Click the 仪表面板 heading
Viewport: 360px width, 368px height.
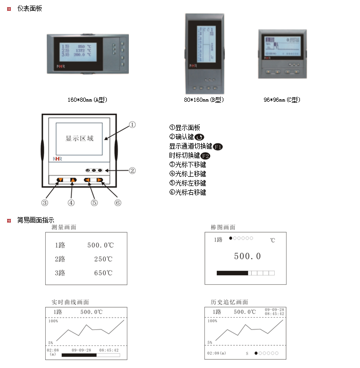(x=30, y=9)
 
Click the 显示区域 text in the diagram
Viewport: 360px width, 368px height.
(x=80, y=138)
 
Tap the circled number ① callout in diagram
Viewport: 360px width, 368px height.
(x=132, y=124)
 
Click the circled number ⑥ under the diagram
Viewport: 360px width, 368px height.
(x=118, y=203)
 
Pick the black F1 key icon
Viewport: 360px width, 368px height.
(x=218, y=146)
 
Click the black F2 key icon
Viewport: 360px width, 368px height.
(x=205, y=156)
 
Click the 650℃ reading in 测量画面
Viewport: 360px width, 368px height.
(x=103, y=273)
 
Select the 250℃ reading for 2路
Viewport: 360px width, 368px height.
(x=103, y=259)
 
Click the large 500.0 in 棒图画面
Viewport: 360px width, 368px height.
(x=247, y=256)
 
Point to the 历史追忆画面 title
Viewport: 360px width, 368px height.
(x=230, y=302)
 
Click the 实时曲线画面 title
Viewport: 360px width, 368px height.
(x=70, y=302)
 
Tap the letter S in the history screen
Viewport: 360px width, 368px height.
(x=247, y=354)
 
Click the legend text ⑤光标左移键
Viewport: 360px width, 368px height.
(x=187, y=183)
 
